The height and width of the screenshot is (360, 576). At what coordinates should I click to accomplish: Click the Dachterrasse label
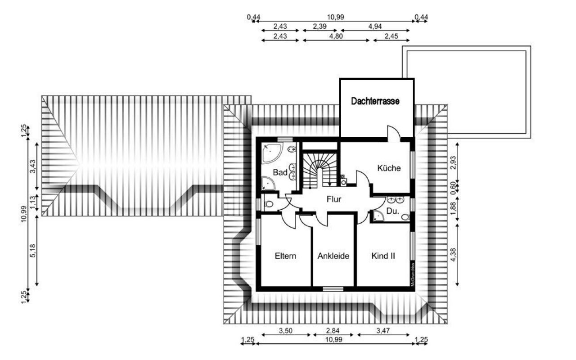tap(375, 101)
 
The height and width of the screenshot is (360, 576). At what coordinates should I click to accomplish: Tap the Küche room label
tap(389, 168)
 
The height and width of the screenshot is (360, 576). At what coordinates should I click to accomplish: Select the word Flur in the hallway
tap(334, 199)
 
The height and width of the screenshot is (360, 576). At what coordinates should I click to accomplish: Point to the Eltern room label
tap(285, 256)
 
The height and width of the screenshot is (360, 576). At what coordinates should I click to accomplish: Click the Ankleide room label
tap(333, 256)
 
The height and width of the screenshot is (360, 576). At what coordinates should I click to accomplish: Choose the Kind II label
tap(383, 256)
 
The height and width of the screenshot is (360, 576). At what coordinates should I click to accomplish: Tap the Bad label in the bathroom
tap(280, 172)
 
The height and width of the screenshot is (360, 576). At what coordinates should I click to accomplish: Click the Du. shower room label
tap(393, 211)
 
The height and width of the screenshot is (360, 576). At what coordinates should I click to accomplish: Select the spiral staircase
tap(319, 170)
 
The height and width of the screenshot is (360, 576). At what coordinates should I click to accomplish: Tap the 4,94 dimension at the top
tap(375, 26)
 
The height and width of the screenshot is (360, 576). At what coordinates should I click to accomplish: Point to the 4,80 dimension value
tap(336, 36)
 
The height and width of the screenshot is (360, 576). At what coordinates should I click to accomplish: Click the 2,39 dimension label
tap(319, 26)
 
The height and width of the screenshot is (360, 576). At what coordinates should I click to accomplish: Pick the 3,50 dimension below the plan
tap(286, 331)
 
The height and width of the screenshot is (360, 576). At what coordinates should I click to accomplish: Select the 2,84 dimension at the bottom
tap(333, 331)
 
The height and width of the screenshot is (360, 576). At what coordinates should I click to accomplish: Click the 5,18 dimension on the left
tap(33, 251)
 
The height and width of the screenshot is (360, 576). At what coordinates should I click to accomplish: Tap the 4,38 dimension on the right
tap(453, 255)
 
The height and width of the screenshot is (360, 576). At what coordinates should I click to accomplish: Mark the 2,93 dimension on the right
tap(453, 162)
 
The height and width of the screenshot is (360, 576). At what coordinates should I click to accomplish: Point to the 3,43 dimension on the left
tap(33, 166)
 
